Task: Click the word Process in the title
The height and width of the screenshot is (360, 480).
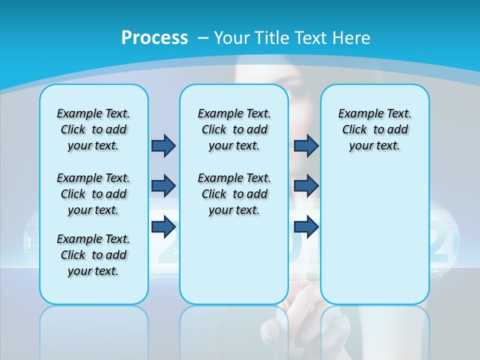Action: (x=154, y=37)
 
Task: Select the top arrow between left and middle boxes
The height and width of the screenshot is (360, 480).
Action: (x=163, y=145)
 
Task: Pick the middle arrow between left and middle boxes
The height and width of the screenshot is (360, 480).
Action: (x=163, y=186)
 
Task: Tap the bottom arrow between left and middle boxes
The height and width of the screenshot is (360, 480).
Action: (x=163, y=226)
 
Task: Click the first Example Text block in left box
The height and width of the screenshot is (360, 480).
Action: (x=93, y=129)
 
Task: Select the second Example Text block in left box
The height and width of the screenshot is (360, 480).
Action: (x=93, y=194)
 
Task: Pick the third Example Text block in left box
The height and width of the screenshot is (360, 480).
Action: (x=93, y=255)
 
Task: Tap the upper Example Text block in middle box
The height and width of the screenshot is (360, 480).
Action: (x=234, y=129)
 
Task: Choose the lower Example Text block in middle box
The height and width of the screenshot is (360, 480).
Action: (x=234, y=194)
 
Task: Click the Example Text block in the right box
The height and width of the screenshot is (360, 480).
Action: (x=374, y=129)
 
